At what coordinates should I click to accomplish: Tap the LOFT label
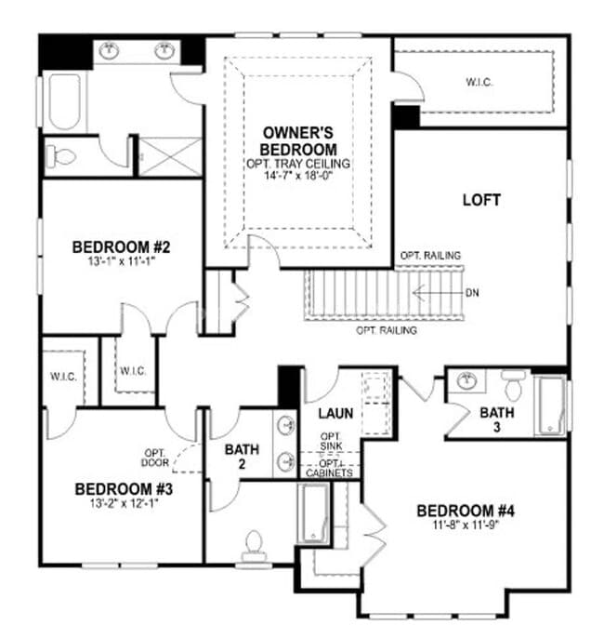481,200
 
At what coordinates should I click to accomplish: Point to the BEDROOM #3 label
125,489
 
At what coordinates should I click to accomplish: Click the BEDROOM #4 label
466,511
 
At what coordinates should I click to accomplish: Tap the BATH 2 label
242,457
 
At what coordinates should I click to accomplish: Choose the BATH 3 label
497,419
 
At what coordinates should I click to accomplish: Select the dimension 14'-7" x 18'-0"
297,175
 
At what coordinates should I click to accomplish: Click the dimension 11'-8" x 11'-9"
466,525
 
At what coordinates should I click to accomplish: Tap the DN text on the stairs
473,292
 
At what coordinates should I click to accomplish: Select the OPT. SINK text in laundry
332,442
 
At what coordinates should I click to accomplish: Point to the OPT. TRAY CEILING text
297,163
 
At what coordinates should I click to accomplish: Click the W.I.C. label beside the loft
479,82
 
